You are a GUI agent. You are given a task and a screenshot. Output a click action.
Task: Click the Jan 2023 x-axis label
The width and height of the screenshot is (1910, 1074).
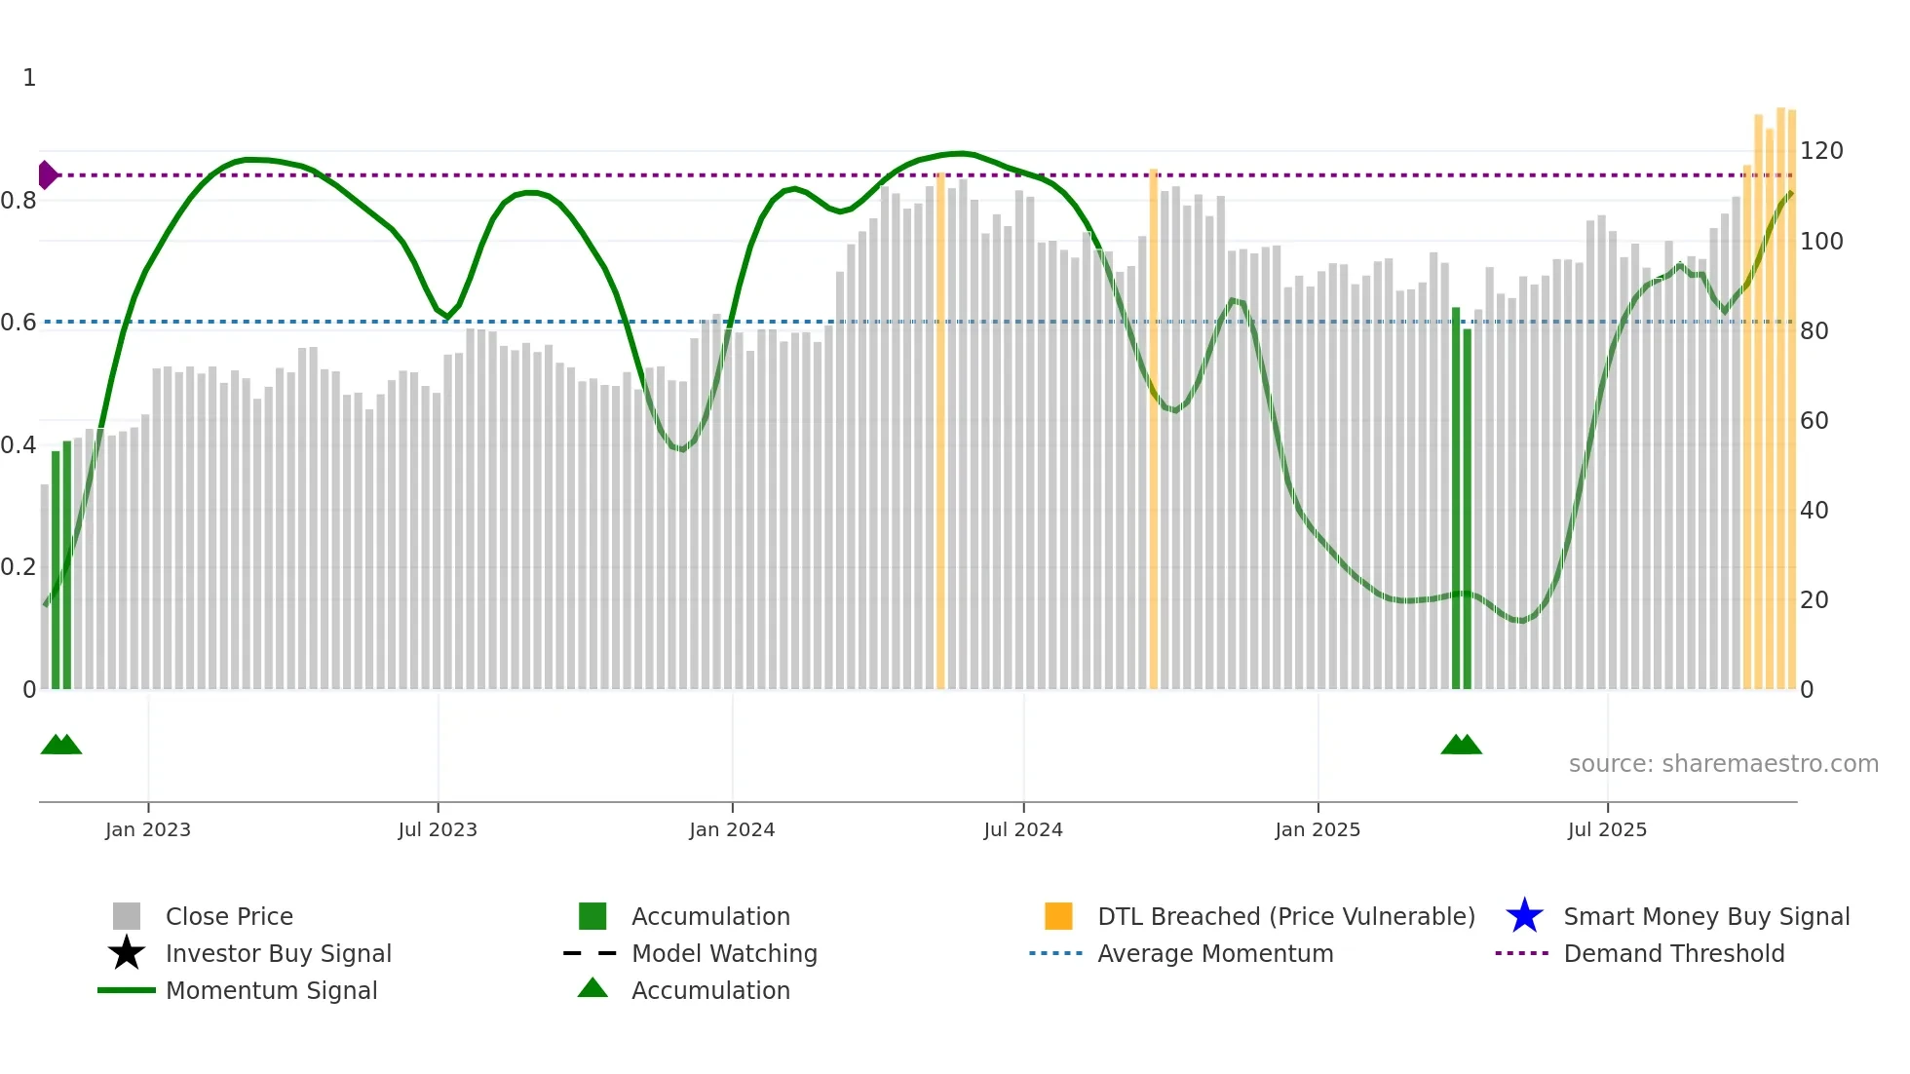click(148, 829)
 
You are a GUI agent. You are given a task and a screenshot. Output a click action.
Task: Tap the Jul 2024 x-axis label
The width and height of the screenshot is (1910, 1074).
click(1023, 829)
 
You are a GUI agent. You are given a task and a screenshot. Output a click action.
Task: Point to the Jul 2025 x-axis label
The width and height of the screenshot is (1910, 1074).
click(1607, 829)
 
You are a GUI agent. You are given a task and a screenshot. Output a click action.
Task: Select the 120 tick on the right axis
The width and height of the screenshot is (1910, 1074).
click(1820, 151)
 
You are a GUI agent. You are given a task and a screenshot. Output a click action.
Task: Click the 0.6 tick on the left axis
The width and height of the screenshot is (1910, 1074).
click(19, 323)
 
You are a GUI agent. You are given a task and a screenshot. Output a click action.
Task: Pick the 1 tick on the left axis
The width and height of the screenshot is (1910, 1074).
click(29, 78)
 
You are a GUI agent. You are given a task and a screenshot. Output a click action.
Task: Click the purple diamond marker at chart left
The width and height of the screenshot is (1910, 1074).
click(47, 175)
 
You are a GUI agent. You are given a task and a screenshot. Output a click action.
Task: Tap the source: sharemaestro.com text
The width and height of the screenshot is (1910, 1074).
click(1723, 764)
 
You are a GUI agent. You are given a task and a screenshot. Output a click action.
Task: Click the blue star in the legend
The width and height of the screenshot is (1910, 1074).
click(1524, 916)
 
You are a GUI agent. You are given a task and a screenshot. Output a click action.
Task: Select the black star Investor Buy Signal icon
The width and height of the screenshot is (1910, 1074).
click(127, 953)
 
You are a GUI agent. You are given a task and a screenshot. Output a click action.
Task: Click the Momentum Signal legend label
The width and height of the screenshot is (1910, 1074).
click(271, 990)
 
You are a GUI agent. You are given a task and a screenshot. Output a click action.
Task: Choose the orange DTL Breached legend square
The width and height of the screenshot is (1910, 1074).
click(1058, 916)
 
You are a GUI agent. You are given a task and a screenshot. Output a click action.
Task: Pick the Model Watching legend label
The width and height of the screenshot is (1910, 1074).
click(724, 953)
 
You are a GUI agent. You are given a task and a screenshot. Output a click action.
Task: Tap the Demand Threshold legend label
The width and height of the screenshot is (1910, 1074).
click(1673, 953)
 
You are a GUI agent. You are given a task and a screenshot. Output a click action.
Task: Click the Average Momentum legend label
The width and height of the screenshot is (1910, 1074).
click(1215, 953)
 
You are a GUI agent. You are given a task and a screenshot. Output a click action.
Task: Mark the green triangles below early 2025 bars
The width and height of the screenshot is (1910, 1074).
click(1461, 746)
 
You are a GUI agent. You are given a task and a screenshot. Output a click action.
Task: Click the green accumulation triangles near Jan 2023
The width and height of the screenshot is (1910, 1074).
click(61, 746)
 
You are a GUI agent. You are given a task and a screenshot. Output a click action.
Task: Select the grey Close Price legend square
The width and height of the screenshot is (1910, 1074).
click(127, 916)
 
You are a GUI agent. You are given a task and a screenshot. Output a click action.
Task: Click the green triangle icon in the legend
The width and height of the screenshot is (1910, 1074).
click(592, 988)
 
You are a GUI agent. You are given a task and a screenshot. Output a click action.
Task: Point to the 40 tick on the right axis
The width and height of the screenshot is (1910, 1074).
click(1814, 511)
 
